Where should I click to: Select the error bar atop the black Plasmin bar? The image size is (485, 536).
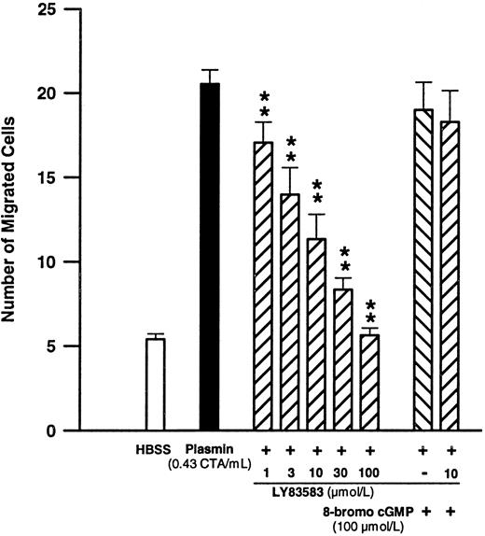[x=210, y=76]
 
